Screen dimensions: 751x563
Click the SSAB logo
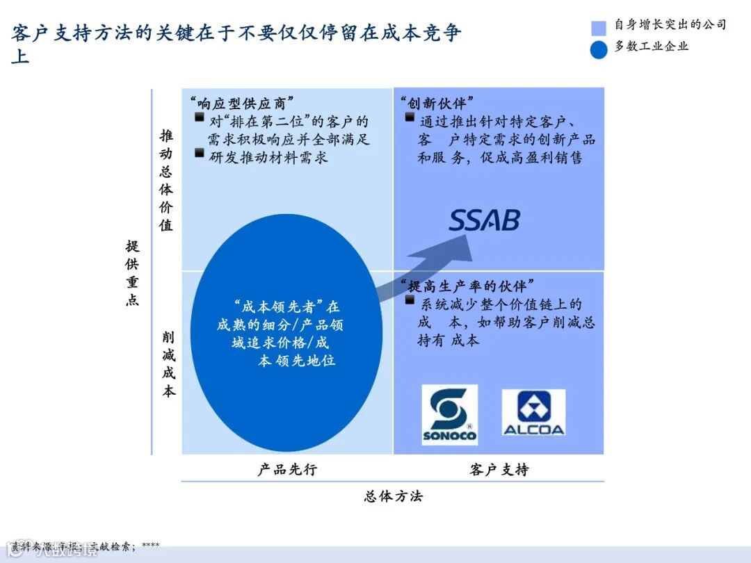[x=484, y=221]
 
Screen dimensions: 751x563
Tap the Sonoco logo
[x=449, y=415]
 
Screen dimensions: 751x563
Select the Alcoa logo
[x=533, y=413]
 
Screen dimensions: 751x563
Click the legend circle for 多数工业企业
[x=599, y=49]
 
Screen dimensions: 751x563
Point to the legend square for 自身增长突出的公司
[x=599, y=27]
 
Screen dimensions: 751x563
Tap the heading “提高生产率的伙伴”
[x=467, y=285]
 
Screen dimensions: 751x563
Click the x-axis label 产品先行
[x=287, y=469]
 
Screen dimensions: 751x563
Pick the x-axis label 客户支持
[x=499, y=469]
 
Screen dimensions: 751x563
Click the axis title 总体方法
[x=393, y=496]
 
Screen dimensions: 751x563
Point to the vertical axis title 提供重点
[x=132, y=272]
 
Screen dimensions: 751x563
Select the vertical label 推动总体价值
[x=167, y=179]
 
